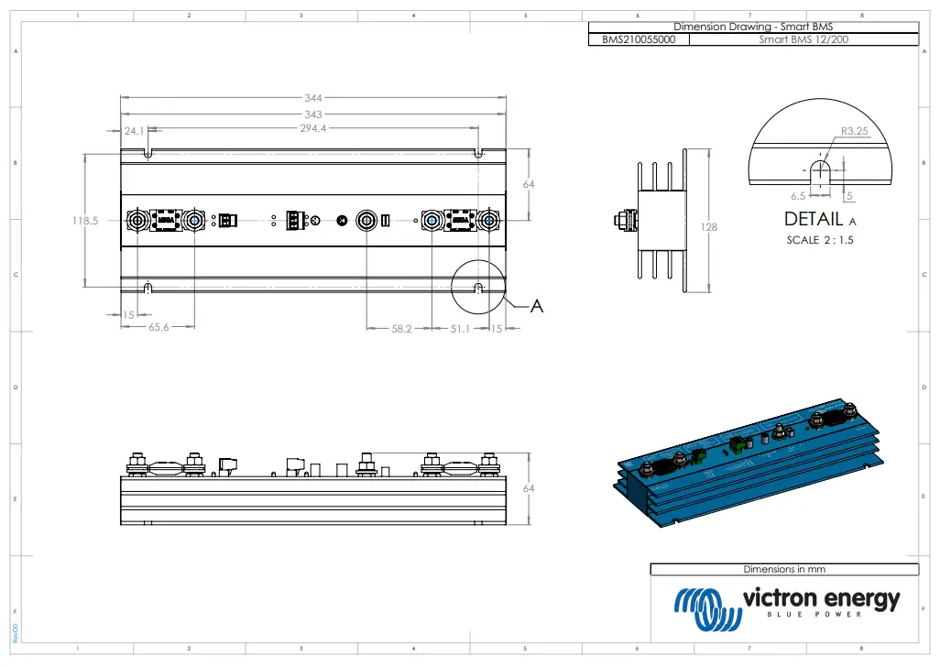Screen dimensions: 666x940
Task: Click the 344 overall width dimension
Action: tap(313, 97)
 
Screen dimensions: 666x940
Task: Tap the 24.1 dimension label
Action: tap(134, 131)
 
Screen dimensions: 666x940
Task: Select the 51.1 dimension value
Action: tap(459, 327)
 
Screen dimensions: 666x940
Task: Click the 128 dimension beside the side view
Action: tap(710, 227)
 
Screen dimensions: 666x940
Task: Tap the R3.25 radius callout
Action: tap(854, 132)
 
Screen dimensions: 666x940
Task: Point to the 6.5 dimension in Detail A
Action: tap(797, 196)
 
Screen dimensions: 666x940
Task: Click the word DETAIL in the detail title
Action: tap(814, 220)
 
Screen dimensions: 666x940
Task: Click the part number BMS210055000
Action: tap(639, 40)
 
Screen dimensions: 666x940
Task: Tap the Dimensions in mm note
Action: tap(783, 569)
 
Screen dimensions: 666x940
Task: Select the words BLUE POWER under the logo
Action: tap(814, 615)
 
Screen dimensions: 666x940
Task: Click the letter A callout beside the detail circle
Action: tap(538, 306)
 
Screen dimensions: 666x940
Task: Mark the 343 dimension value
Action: tap(313, 114)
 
